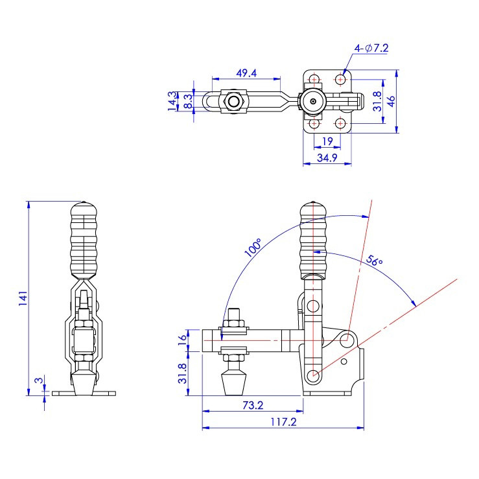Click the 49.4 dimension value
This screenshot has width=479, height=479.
tap(246, 73)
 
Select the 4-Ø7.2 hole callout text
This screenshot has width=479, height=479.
tap(371, 48)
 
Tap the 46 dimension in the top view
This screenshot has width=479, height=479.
tap(391, 102)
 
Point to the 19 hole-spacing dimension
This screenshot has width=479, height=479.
tap(327, 141)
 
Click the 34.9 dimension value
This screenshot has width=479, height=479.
tap(327, 157)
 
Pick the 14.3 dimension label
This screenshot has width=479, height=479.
tap(172, 101)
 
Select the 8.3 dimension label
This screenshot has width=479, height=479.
tap(187, 101)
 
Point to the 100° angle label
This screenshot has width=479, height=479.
tap(253, 248)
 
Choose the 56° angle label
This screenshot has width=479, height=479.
tap(374, 261)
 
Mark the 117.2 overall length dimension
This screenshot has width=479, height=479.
tap(283, 421)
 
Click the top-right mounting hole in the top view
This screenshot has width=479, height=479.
tap(341, 80)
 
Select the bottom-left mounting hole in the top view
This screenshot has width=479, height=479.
tap(314, 123)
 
